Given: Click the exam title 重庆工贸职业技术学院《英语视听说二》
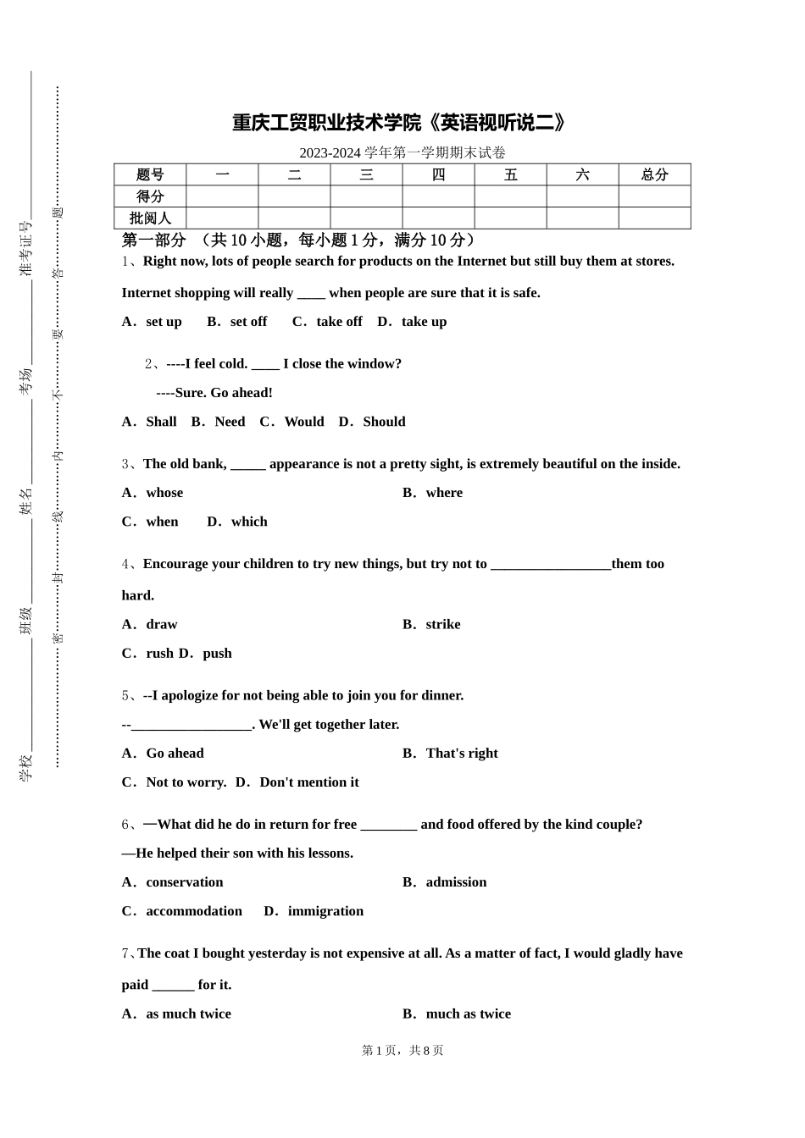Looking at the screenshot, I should tap(400, 124).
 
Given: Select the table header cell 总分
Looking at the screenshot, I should tap(654, 175).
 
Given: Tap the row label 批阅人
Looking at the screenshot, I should tap(150, 218).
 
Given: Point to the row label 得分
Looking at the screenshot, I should tap(150, 196).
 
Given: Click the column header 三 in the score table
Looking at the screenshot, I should tap(366, 175).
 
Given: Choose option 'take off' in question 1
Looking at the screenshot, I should tap(338, 322).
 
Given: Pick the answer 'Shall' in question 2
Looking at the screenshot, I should tap(161, 422).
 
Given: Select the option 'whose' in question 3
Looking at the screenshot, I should tap(164, 493).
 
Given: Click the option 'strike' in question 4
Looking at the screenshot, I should tap(442, 625).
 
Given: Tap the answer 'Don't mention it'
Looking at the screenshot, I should tap(308, 782).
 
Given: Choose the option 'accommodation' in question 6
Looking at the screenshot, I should tap(194, 911).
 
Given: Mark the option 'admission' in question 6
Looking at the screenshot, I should tap(456, 882).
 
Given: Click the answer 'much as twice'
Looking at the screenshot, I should tap(468, 1014).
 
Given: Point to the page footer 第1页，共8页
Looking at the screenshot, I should tap(402, 1051).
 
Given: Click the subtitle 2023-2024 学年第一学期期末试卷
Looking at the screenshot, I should tap(402, 153).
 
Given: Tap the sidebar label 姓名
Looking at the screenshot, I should tap(26, 501).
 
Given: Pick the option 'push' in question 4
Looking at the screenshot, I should tap(217, 654).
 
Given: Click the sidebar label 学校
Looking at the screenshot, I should tap(26, 767).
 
